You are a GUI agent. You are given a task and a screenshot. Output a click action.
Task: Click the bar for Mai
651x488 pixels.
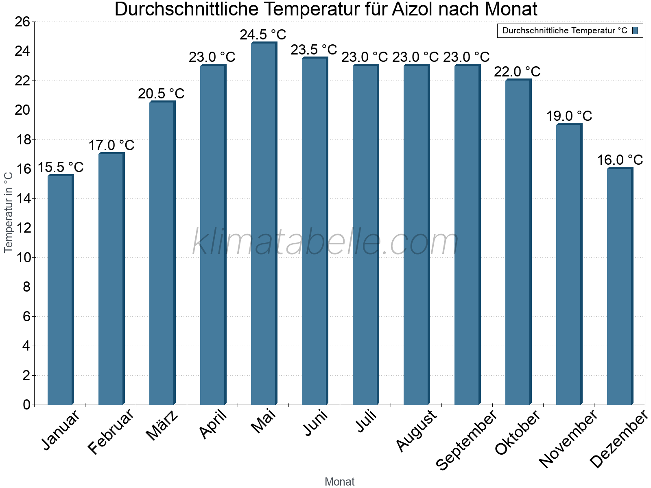click(x=264, y=224)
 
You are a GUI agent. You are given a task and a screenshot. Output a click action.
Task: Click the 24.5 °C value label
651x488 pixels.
click(x=263, y=35)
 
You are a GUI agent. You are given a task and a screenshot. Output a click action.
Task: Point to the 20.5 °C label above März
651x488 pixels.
click(x=161, y=94)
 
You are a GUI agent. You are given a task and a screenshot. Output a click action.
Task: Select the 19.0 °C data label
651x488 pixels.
click(x=569, y=116)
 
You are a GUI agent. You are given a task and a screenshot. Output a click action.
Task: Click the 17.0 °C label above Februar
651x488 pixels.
click(x=111, y=145)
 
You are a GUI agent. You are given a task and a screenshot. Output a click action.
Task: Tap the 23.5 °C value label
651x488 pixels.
click(x=314, y=50)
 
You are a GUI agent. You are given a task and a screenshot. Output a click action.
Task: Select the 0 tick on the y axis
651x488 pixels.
click(x=26, y=405)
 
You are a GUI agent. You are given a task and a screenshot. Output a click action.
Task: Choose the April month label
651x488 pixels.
click(x=213, y=425)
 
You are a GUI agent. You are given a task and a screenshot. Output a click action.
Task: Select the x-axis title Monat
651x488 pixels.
click(x=339, y=481)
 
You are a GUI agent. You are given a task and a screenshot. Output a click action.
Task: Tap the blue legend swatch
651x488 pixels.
click(x=635, y=30)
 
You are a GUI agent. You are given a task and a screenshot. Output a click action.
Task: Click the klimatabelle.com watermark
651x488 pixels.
click(x=325, y=242)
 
